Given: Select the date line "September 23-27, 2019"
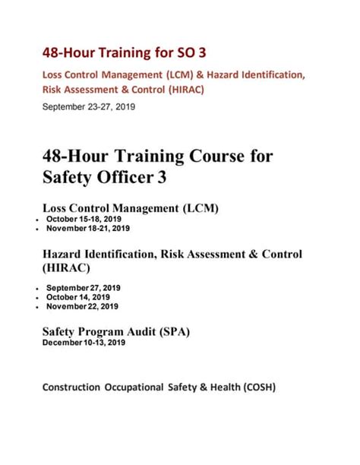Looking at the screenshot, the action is (x=88, y=107).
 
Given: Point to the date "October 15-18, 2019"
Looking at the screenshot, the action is (x=84, y=219).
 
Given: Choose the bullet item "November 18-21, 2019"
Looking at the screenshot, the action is (x=87, y=228).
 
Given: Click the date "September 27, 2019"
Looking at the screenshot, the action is (x=84, y=288).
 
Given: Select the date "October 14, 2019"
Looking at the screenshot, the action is (x=78, y=297).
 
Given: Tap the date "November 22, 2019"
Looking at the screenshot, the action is (x=82, y=306).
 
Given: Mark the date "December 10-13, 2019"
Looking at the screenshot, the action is (x=84, y=343).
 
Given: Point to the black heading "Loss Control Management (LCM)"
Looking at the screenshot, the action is (x=131, y=207).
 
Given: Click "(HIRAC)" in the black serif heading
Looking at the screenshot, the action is (x=65, y=267).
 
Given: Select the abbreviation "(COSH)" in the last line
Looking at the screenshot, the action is (x=259, y=387).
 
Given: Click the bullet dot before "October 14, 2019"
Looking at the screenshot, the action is (x=38, y=298).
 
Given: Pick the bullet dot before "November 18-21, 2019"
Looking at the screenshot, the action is (x=38, y=229).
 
